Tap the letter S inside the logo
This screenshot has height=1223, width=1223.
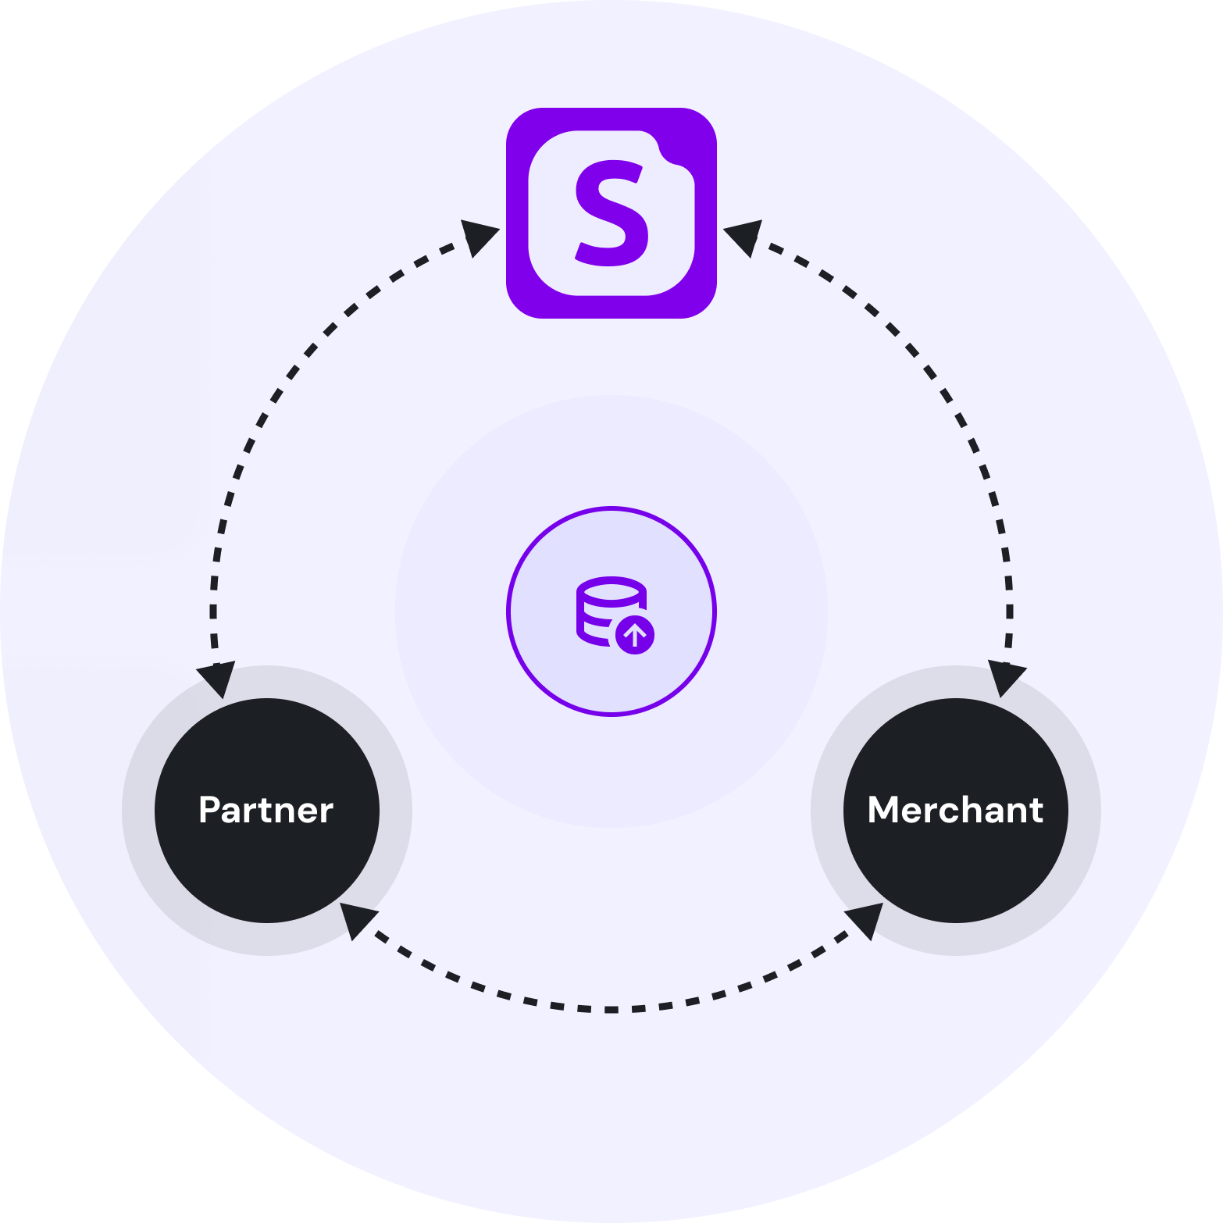[611, 212]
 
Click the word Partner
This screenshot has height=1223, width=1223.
[266, 810]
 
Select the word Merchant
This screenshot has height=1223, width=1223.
[955, 810]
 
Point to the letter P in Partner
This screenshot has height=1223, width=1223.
[209, 810]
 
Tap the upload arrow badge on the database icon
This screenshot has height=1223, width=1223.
[635, 636]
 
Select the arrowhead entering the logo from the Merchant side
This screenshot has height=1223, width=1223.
[744, 236]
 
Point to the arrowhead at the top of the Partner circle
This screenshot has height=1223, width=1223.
[217, 678]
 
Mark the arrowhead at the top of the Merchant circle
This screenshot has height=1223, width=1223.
[1006, 676]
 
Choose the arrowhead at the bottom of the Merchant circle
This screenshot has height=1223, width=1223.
[866, 918]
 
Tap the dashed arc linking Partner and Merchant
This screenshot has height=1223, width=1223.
[611, 1010]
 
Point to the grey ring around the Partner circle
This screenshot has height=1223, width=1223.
[137, 810]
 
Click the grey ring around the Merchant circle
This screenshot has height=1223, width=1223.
[1086, 810]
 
